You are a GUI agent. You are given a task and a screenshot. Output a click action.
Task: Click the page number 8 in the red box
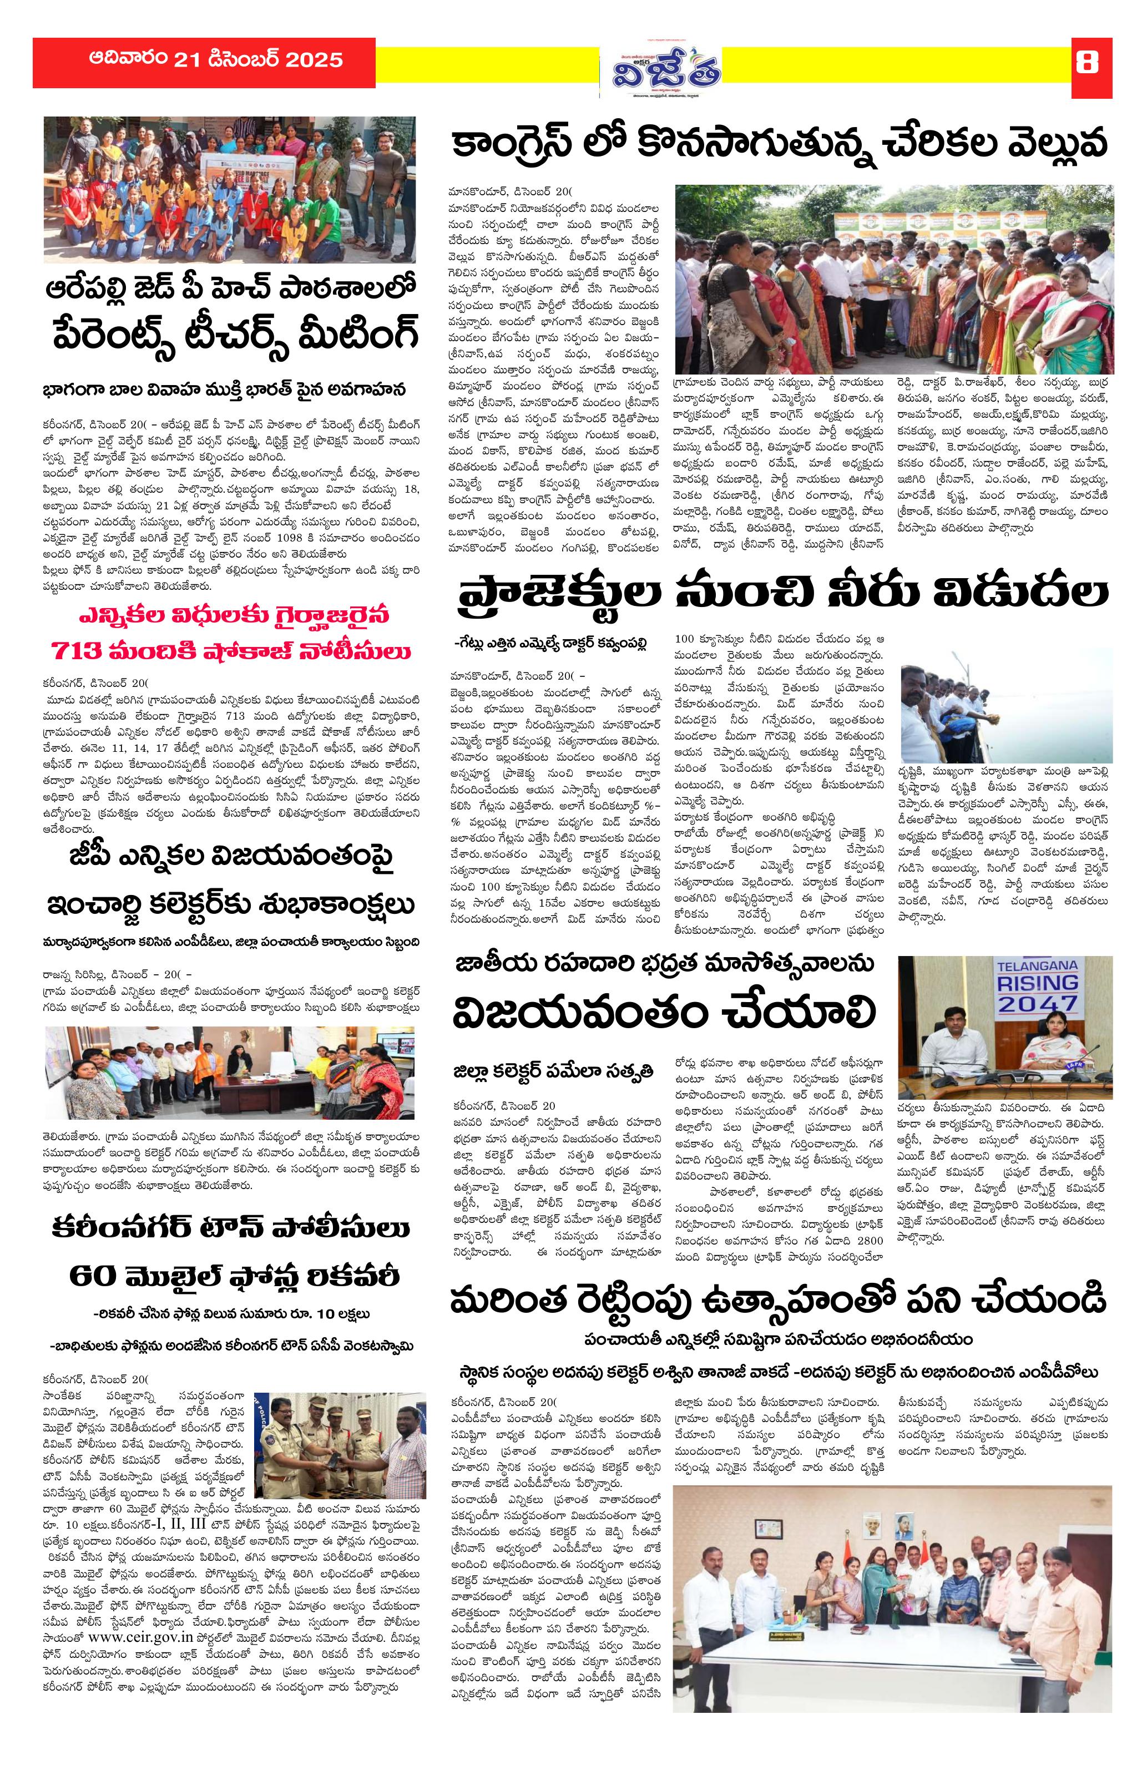1086,63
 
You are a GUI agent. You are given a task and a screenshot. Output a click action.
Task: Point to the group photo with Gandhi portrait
891,1626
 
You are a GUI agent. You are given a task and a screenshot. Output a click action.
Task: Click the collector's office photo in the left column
229,1073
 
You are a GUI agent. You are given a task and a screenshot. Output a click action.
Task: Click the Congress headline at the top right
780,144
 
